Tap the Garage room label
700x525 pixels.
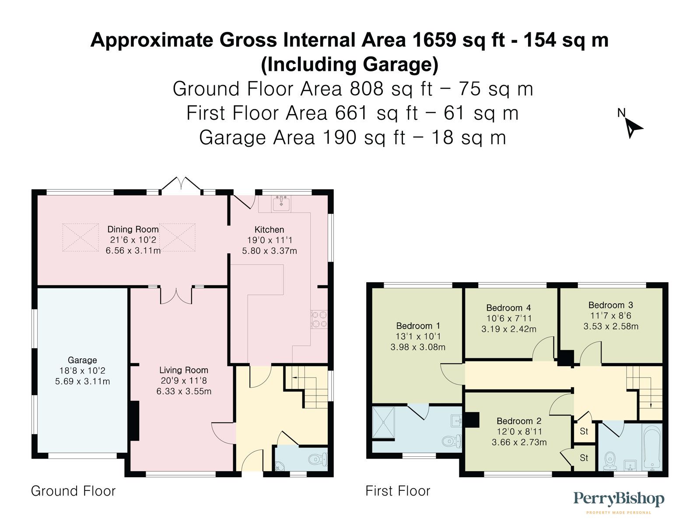[82, 360]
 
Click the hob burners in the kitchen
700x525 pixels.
[319, 319]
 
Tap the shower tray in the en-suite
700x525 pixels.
[383, 422]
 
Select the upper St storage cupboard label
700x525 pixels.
[584, 431]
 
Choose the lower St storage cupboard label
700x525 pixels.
[584, 458]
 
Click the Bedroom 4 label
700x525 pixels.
[508, 308]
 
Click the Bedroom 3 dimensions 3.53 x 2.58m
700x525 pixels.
[611, 326]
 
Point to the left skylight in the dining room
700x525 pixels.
[80, 237]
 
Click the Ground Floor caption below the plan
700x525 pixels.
[73, 491]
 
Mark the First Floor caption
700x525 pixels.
[398, 491]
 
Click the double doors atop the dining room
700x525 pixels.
[182, 185]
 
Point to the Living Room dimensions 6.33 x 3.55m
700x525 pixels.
[184, 392]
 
